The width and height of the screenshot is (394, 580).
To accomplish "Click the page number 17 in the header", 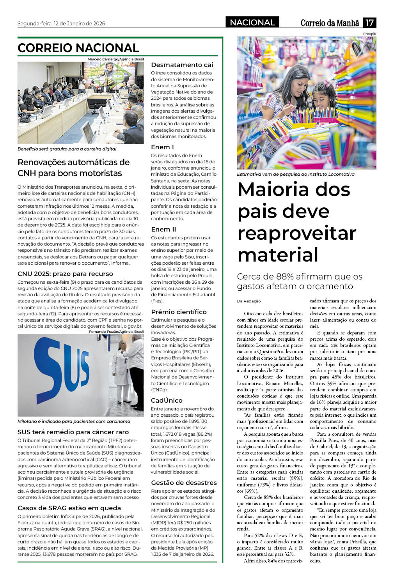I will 369,23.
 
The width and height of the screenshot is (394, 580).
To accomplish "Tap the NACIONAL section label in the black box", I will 252,23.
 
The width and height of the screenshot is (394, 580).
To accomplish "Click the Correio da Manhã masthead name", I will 330,23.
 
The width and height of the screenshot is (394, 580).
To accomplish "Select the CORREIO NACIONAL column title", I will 78,48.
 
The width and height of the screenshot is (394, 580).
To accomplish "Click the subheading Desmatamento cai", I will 182,65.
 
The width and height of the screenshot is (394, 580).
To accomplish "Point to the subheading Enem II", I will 163,229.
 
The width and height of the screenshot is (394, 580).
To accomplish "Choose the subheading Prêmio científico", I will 179,312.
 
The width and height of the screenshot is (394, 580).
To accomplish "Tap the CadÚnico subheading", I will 167,400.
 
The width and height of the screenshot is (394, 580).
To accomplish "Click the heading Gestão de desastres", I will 184,483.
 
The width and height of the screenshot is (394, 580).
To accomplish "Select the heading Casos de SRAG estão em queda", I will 69,508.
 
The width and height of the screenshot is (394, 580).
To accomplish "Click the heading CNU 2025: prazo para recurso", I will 65,274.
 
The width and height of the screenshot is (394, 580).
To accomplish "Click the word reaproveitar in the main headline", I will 297,233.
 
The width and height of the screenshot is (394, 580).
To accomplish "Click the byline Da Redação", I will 248,301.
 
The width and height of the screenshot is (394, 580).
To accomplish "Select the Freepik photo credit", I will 369,34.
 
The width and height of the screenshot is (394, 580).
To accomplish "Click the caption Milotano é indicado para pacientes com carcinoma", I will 74,421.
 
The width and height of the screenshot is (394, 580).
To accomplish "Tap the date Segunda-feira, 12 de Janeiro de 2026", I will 61,23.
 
